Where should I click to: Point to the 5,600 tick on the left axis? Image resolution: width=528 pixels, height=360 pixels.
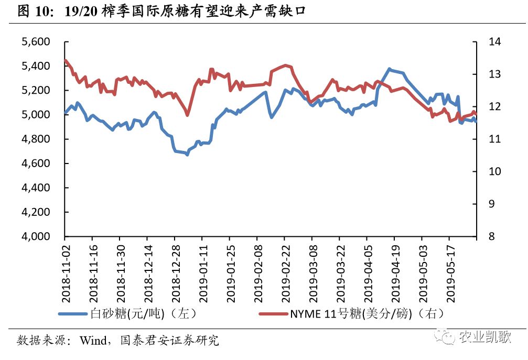pyautogui.click(x=35, y=42)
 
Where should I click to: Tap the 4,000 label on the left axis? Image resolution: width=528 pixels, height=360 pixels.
pyautogui.click(x=35, y=237)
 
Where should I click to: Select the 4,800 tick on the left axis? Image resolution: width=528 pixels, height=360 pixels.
pyautogui.click(x=35, y=139)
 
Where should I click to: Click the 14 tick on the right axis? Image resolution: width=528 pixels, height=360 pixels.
pyautogui.click(x=494, y=42)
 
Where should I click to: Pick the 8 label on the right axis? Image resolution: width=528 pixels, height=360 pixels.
pyautogui.click(x=491, y=237)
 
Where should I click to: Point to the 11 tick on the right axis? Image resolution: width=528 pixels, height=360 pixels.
pyautogui.click(x=494, y=139)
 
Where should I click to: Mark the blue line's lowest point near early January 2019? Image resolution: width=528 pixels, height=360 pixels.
pyautogui.click(x=187, y=154)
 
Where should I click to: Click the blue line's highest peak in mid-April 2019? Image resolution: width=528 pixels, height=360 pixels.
pyautogui.click(x=389, y=69)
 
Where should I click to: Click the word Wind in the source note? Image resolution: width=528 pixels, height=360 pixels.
pyautogui.click(x=93, y=341)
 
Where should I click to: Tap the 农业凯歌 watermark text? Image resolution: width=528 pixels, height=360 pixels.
pyautogui.click(x=484, y=336)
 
